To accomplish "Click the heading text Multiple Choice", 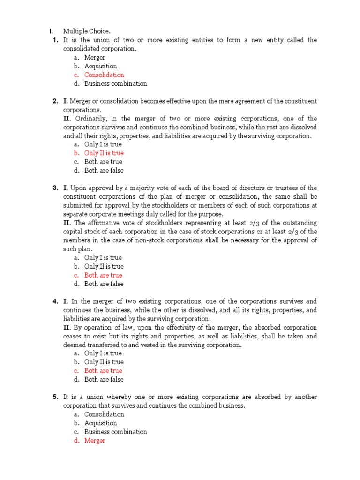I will pyautogui.click(x=87, y=31).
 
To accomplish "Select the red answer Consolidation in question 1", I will pyautogui.click(x=104, y=75).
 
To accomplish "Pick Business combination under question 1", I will pyautogui.click(x=115, y=84).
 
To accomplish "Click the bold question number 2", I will pyautogui.click(x=55, y=101).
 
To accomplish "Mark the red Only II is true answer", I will pyautogui.click(x=104, y=153).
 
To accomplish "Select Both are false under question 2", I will pyautogui.click(x=104, y=171).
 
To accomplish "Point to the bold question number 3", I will pyautogui.click(x=55, y=188).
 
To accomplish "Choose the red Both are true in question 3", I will pyautogui.click(x=103, y=275).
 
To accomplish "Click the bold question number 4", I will pyautogui.click(x=55, y=301).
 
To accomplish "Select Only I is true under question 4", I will pyautogui.click(x=103, y=353).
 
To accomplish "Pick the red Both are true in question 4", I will pyautogui.click(x=103, y=371).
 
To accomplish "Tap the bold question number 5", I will pyautogui.click(x=55, y=397).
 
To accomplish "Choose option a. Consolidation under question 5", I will pyautogui.click(x=104, y=414).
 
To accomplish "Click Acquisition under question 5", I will pyautogui.click(x=100, y=423).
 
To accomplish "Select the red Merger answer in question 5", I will pyautogui.click(x=95, y=441).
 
